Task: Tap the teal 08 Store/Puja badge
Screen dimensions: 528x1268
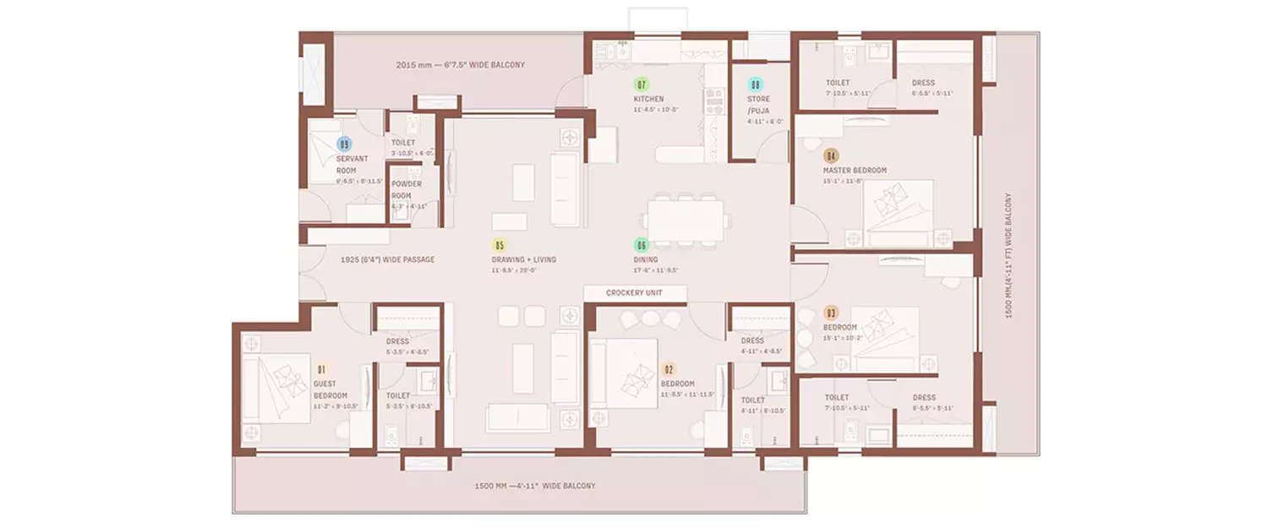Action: click(756, 84)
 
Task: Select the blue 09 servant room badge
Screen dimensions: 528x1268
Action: click(344, 144)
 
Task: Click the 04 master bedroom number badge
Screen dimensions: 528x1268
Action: click(831, 156)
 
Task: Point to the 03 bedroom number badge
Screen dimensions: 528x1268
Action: click(831, 313)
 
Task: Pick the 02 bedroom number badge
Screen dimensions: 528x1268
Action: click(669, 369)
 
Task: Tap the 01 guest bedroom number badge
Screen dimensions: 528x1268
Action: click(321, 369)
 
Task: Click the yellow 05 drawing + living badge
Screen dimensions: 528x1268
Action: click(500, 246)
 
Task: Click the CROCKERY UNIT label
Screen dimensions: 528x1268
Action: click(634, 293)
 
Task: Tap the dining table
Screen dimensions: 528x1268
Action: click(686, 220)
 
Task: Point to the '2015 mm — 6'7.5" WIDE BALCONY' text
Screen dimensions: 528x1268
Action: click(461, 65)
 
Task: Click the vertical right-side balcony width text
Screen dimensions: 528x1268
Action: click(1008, 256)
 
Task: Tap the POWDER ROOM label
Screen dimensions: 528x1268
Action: click(407, 189)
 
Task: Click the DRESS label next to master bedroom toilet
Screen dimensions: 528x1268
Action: click(923, 83)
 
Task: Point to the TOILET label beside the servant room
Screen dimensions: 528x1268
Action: click(403, 143)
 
